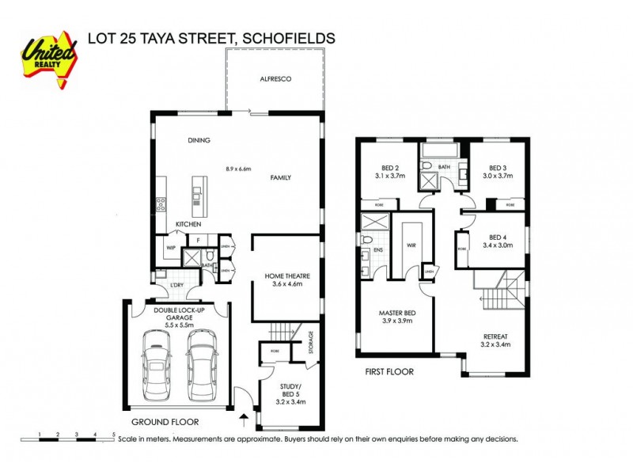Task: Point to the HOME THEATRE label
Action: click(287, 276)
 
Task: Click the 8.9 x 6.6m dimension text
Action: click(238, 169)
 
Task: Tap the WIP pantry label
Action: click(170, 248)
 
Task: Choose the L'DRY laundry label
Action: click(177, 285)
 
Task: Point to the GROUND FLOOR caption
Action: click(165, 422)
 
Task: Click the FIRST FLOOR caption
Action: click(389, 370)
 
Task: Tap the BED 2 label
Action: click(390, 168)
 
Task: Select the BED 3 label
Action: click(497, 168)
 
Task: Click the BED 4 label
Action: click(497, 237)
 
